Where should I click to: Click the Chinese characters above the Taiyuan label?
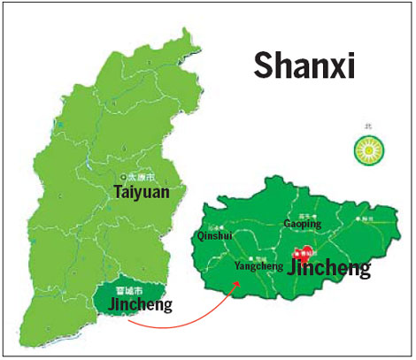coord(142,176)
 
